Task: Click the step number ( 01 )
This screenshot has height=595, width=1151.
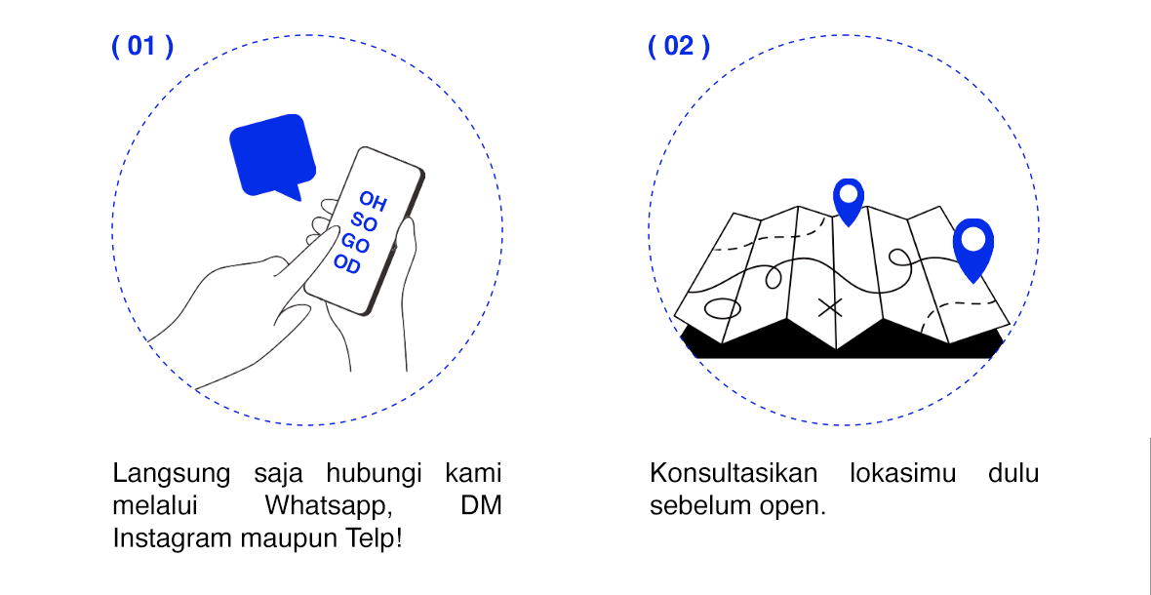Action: click(x=142, y=47)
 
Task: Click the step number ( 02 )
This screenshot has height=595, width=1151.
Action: click(x=679, y=47)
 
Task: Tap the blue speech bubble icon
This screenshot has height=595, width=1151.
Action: click(x=272, y=156)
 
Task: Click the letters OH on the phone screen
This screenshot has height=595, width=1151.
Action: click(x=373, y=201)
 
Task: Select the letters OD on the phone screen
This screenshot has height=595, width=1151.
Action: click(x=346, y=264)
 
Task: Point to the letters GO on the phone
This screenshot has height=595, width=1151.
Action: click(x=355, y=243)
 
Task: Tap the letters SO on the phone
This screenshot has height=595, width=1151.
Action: click(x=364, y=222)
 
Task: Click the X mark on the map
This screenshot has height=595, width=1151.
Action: click(x=830, y=308)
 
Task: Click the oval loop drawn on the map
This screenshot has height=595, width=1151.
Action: click(x=723, y=310)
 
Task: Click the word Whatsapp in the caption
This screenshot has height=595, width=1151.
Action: click(x=323, y=506)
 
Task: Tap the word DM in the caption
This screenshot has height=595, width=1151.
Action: click(x=481, y=506)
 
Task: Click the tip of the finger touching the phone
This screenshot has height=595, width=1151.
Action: click(x=331, y=240)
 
